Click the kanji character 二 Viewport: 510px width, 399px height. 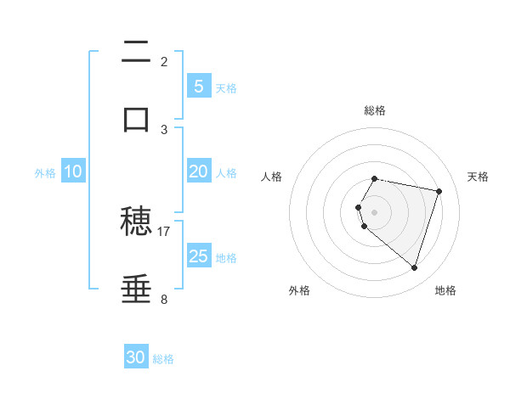[137, 53]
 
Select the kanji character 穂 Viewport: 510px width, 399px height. [137, 222]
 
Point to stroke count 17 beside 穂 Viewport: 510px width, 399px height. [164, 231]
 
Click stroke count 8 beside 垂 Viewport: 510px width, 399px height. [164, 299]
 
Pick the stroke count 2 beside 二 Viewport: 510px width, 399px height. [164, 62]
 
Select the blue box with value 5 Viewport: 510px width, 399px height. [198, 86]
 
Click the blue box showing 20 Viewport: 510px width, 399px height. [198, 171]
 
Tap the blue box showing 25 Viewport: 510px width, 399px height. [198, 256]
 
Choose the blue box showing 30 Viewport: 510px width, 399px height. [136, 357]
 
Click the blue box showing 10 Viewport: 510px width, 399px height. [73, 171]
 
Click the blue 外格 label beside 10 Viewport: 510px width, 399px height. [45, 172]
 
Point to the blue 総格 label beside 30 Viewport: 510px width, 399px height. [163, 359]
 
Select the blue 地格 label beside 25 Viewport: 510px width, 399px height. [226, 258]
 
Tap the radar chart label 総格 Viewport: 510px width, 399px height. [374, 110]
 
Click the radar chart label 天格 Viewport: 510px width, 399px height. [478, 177]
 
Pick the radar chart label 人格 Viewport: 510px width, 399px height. [271, 177]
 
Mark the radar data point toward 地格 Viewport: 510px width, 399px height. [414, 268]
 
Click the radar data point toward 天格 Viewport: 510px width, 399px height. [439, 191]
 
